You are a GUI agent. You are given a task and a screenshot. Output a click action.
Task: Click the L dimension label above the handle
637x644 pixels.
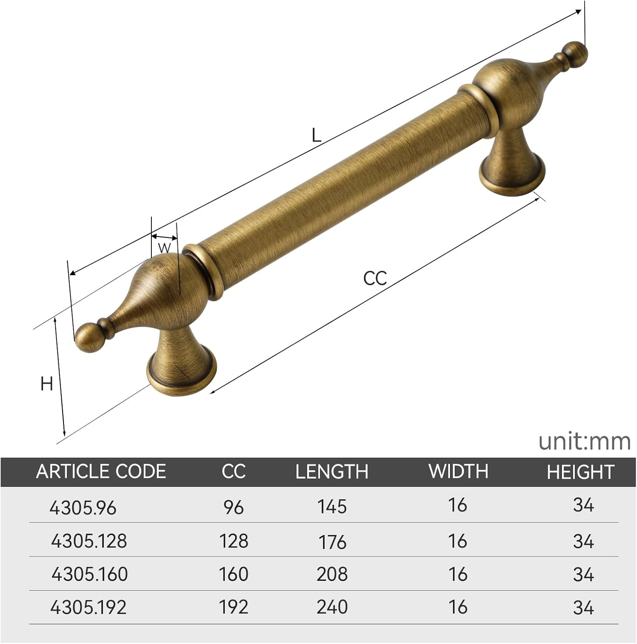tap(316, 136)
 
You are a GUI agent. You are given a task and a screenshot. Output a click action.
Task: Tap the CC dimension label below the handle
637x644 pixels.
tap(375, 278)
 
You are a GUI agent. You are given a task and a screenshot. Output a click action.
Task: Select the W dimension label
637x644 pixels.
tap(164, 248)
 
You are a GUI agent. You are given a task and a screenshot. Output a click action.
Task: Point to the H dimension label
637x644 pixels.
tap(46, 383)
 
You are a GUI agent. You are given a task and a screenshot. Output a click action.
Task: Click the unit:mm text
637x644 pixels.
tap(584, 441)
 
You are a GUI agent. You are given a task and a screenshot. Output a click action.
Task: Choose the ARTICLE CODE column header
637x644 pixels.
tap(101, 471)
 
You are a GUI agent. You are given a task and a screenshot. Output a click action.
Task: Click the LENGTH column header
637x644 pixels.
tap(332, 471)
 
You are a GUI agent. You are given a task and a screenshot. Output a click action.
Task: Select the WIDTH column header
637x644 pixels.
tap(458, 471)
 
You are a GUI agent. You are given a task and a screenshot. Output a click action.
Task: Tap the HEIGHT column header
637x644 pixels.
tap(580, 472)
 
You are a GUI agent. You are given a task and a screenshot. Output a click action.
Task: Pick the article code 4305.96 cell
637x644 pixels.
tap(83, 508)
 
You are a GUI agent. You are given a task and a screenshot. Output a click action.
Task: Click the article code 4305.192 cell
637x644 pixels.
tap(88, 607)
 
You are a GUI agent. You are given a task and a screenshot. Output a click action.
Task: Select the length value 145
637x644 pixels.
tap(332, 507)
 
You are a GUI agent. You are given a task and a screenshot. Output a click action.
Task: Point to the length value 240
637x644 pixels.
tap(332, 607)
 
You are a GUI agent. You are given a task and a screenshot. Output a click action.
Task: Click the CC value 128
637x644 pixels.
tap(233, 541)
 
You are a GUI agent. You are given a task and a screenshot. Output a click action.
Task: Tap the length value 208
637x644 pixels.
tap(332, 574)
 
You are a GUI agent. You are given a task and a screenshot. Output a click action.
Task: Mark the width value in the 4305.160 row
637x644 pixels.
tap(458, 574)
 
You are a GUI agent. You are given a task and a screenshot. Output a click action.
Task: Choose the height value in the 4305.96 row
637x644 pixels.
tap(583, 505)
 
